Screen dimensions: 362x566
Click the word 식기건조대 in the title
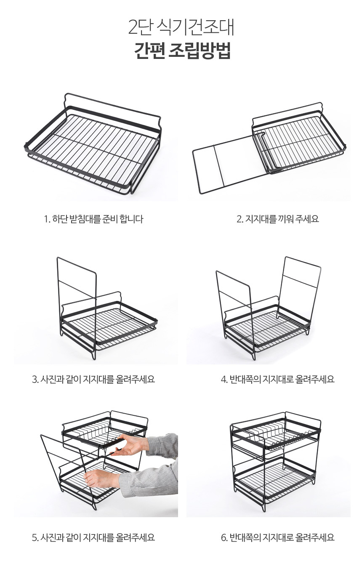coord(195,27)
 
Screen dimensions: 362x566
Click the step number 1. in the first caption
coord(47,219)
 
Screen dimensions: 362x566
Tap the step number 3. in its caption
coord(35,379)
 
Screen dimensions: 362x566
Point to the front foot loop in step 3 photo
coord(94,354)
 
